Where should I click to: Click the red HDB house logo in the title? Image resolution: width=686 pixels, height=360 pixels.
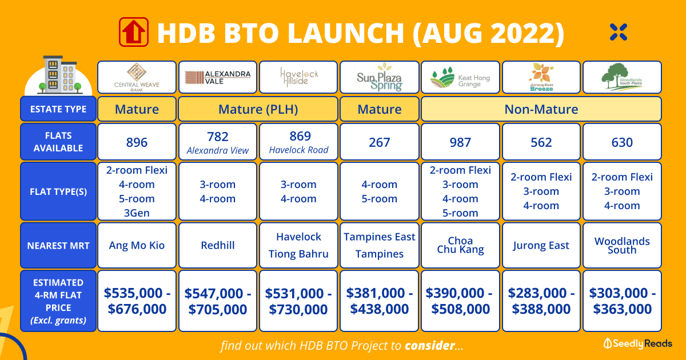point(134,32)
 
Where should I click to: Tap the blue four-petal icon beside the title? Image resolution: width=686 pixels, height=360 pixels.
point(619,32)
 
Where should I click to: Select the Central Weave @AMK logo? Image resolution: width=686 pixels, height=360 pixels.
point(137,77)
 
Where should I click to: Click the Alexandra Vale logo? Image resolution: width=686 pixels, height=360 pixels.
point(218,78)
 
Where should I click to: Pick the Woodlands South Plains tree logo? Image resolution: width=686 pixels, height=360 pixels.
point(622,77)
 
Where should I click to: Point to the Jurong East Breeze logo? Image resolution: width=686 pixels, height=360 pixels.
point(541,77)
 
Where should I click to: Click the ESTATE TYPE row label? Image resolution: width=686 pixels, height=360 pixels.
point(58,109)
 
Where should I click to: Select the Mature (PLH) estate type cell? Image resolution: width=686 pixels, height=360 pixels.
point(258,109)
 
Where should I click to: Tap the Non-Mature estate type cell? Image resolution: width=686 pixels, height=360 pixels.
point(541,109)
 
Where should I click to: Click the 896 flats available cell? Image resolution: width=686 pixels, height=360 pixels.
point(137,142)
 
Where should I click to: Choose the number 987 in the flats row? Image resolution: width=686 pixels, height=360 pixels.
point(460,142)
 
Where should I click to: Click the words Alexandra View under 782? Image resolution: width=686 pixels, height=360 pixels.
point(218,150)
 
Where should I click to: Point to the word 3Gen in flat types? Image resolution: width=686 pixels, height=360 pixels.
point(137,213)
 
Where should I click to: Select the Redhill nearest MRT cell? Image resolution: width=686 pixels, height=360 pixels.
point(218,245)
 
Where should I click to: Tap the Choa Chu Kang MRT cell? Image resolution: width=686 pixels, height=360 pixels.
point(460,245)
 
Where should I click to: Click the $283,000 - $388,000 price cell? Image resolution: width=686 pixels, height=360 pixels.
point(541,301)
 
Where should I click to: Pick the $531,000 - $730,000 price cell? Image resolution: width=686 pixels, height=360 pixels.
point(298,301)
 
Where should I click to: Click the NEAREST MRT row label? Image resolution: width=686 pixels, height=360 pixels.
point(58,245)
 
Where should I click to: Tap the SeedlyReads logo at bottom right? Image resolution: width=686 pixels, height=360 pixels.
point(637,343)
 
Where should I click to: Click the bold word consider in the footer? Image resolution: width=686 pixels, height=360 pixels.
point(430,345)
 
